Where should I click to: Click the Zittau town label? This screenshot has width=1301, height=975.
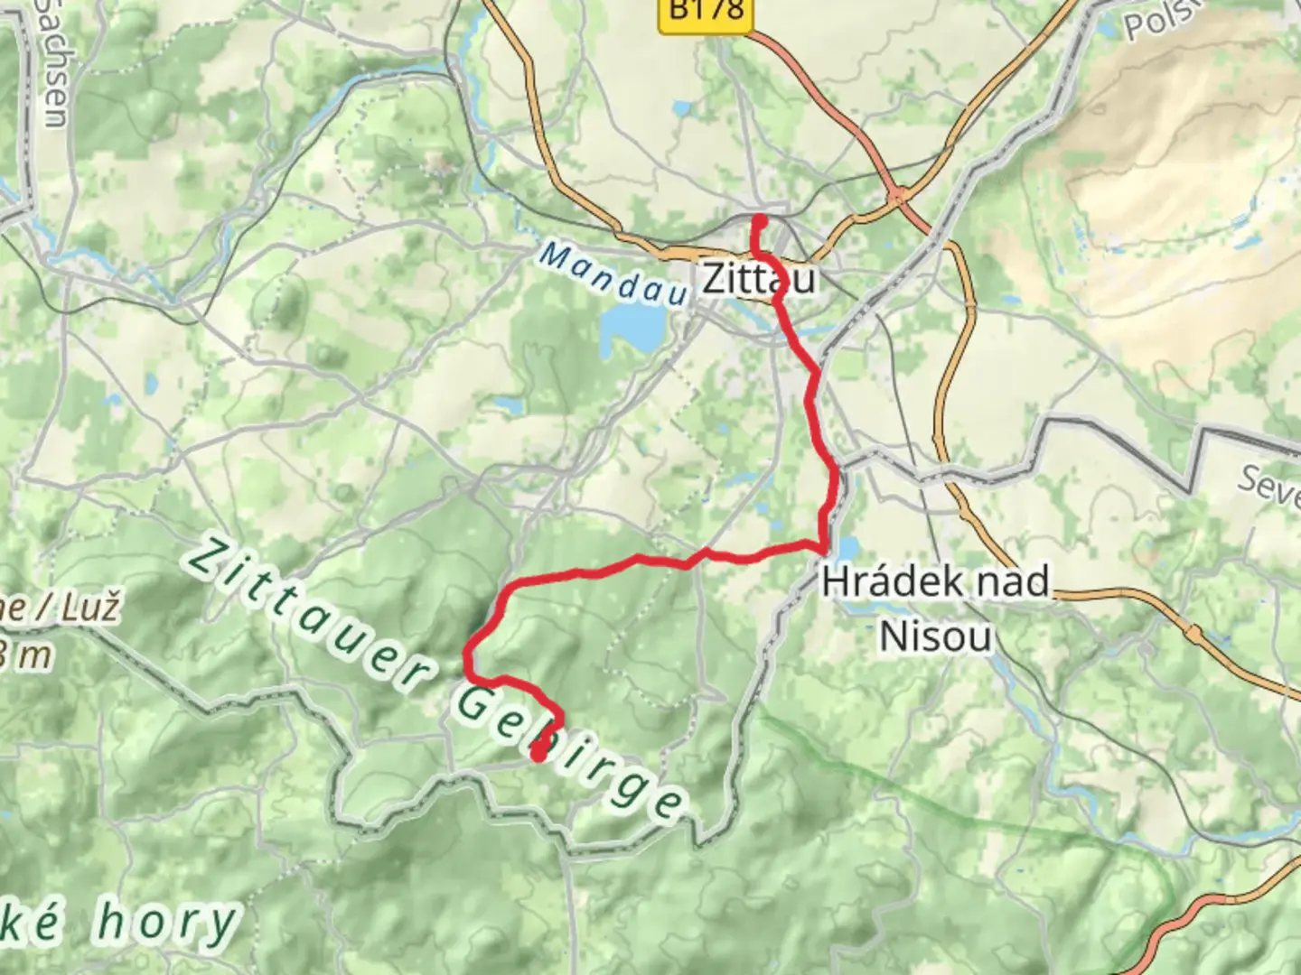759,278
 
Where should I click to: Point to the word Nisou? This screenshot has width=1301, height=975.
935,636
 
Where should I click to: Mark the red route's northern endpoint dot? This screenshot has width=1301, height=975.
761,219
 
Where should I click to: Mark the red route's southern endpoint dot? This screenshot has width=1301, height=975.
538,754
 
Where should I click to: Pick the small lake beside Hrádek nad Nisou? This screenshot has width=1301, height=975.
848,547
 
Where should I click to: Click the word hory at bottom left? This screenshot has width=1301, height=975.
166,923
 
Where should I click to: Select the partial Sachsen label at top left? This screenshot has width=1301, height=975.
52,63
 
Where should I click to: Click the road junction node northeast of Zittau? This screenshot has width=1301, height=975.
898,195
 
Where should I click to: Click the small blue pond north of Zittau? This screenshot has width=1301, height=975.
681,109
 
